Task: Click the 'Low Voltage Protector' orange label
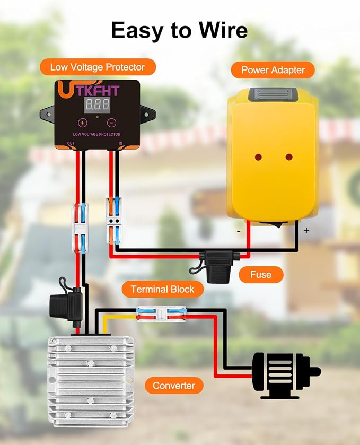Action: (x=98, y=67)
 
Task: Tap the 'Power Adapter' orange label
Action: (x=273, y=70)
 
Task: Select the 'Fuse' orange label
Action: (x=261, y=274)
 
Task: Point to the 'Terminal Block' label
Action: (x=163, y=289)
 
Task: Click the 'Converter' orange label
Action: (x=174, y=386)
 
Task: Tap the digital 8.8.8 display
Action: (x=98, y=104)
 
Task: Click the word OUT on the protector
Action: (x=71, y=143)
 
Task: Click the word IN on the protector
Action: (x=120, y=143)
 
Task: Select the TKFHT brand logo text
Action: (x=98, y=91)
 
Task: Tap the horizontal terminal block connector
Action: (x=161, y=313)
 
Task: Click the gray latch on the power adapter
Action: (x=273, y=94)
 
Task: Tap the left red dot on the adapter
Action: (x=258, y=157)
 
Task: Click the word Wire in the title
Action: (x=223, y=30)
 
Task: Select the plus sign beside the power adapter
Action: (x=306, y=230)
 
